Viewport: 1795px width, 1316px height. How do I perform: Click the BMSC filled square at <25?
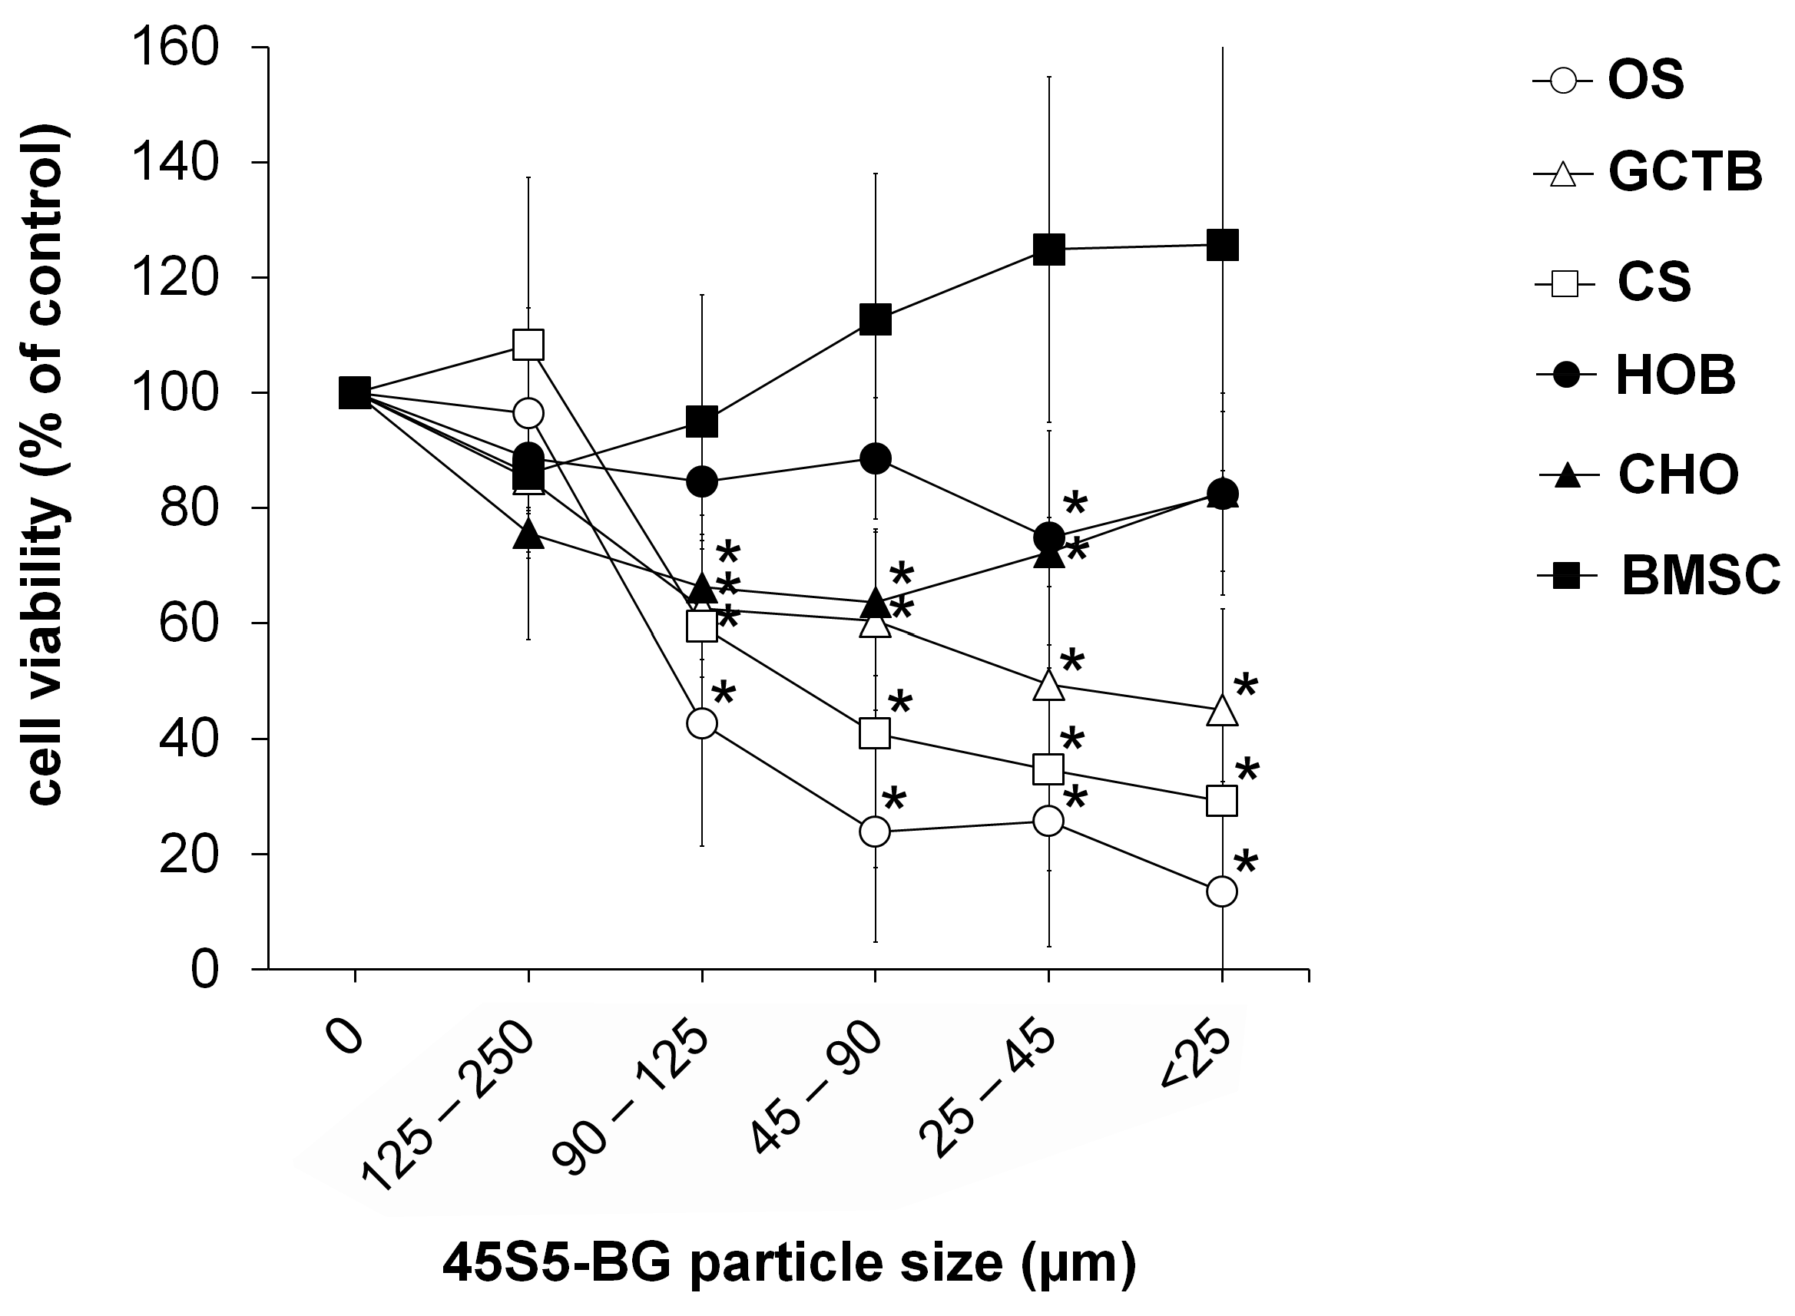point(1222,246)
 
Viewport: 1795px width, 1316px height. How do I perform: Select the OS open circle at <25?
point(1222,891)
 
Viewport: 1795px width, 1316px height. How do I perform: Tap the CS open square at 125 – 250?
point(528,345)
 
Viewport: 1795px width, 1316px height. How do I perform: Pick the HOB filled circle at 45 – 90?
point(876,458)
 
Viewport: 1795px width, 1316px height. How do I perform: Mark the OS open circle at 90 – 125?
point(702,723)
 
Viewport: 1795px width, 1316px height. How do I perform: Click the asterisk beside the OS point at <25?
point(1245,864)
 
